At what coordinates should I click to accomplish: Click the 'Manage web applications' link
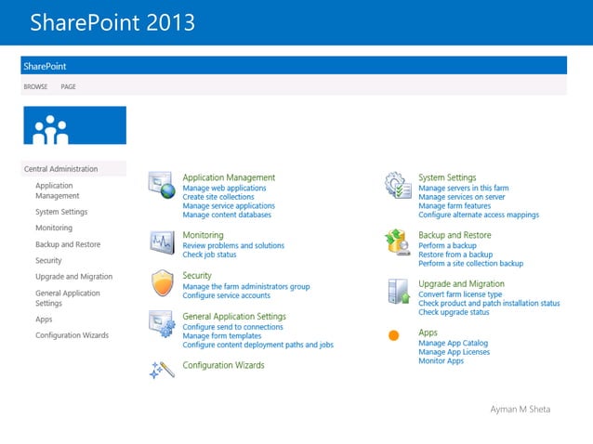pyautogui.click(x=224, y=188)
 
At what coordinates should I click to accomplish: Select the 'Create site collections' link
pyautogui.click(x=217, y=197)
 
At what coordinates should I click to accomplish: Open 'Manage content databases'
pyautogui.click(x=227, y=215)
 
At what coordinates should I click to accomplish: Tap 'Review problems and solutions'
pyautogui.click(x=233, y=245)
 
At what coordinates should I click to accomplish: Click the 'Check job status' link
pyautogui.click(x=209, y=255)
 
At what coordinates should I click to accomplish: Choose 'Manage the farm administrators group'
pyautogui.click(x=246, y=286)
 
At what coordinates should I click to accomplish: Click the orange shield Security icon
pyautogui.click(x=163, y=281)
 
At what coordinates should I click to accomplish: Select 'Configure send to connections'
pyautogui.click(x=232, y=327)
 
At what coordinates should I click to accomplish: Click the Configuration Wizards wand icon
pyautogui.click(x=162, y=369)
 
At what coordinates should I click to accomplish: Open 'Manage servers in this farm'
pyautogui.click(x=463, y=188)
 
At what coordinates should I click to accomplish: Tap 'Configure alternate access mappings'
pyautogui.click(x=478, y=215)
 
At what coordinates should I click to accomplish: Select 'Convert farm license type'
pyautogui.click(x=460, y=294)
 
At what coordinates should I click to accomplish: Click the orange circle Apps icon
pyautogui.click(x=393, y=334)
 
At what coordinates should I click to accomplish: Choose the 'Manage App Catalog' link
pyautogui.click(x=453, y=343)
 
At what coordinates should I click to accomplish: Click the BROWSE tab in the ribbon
pyautogui.click(x=35, y=86)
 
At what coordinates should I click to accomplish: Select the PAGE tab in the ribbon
pyautogui.click(x=68, y=86)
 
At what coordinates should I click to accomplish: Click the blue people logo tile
pyautogui.click(x=74, y=125)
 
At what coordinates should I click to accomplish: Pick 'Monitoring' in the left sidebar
pyautogui.click(x=53, y=228)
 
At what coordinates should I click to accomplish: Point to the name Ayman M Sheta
pyautogui.click(x=520, y=409)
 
